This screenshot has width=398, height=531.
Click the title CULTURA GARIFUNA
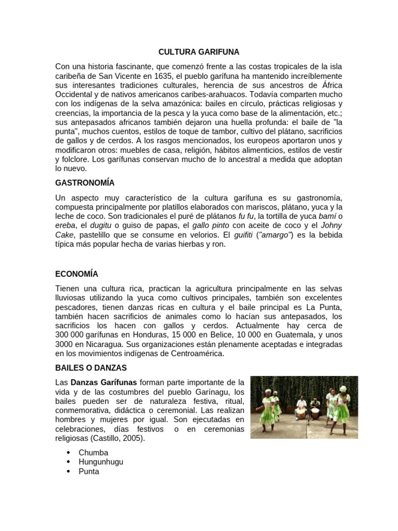coord(199,52)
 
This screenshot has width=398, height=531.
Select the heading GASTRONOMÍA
coord(85,183)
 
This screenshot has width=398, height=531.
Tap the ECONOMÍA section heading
coord(77,274)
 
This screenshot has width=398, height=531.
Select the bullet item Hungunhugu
coord(101,462)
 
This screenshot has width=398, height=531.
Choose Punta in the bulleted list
coord(89,471)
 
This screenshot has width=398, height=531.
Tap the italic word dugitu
coord(101,225)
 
